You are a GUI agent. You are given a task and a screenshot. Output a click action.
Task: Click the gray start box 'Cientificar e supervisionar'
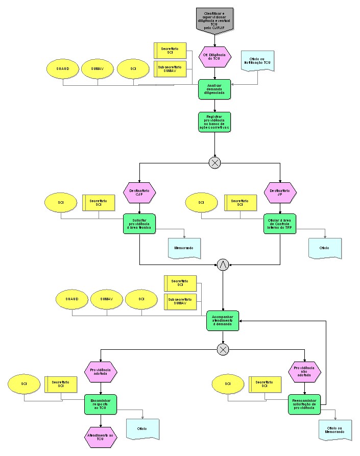214,19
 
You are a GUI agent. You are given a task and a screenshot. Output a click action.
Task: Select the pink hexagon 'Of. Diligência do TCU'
214,57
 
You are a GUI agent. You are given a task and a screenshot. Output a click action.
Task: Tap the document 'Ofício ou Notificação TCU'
257,61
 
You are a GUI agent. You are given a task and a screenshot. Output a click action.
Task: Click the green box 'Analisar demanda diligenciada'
214,89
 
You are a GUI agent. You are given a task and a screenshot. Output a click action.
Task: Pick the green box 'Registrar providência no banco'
214,122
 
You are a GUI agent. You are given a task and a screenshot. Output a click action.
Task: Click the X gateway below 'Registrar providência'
214,162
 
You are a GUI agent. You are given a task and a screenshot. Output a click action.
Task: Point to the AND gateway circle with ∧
223,265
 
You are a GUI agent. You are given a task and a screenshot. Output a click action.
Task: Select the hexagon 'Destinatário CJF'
139,193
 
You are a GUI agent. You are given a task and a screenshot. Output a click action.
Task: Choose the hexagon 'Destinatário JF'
280,193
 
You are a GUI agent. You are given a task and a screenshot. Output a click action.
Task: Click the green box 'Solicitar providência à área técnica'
139,224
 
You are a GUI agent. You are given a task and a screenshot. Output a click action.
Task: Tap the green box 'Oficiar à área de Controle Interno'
280,224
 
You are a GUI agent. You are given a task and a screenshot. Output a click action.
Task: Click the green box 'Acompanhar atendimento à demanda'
223,321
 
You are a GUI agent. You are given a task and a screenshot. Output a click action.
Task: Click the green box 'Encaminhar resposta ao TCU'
101,404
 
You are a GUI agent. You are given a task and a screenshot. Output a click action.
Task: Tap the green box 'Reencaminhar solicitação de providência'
304,404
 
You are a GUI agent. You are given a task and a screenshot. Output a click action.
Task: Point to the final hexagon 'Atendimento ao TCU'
101,437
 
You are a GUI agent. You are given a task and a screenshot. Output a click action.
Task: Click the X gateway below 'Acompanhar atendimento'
223,349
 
